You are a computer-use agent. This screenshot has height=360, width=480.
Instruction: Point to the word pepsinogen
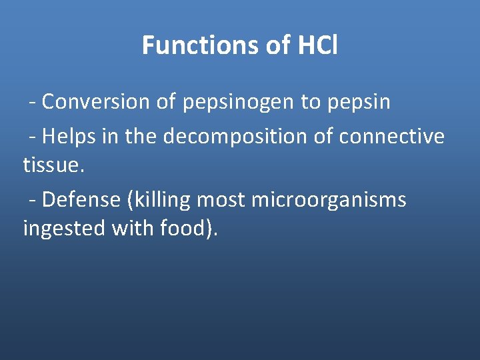pos(228,103)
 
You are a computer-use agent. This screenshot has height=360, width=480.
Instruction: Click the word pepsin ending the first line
pos(359,103)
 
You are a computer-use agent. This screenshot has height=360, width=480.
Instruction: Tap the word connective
pos(391,136)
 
